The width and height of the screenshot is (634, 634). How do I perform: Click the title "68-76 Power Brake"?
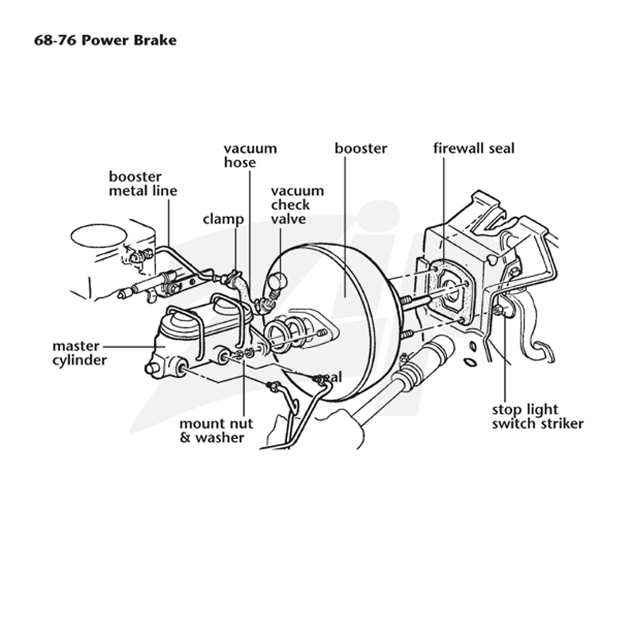(105, 40)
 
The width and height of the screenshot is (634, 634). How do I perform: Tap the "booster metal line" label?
(143, 184)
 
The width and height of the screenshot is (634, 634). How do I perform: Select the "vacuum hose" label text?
(250, 155)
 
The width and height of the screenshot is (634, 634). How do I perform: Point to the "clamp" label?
(223, 220)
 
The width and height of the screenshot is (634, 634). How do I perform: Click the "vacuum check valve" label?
(297, 204)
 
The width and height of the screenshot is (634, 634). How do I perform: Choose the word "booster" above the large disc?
(361, 148)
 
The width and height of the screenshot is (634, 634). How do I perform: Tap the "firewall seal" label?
(474, 148)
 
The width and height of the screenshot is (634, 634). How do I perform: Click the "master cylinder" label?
(80, 353)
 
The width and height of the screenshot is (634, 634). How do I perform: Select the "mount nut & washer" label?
(216, 430)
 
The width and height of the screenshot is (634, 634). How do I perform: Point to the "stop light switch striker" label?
(538, 417)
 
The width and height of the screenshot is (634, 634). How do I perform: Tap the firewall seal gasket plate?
(450, 291)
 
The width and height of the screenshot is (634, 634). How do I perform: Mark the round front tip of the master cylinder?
(151, 368)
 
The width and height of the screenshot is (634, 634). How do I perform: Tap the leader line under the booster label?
(346, 227)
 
